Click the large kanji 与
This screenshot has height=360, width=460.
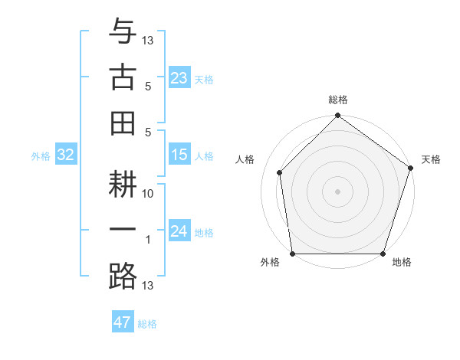tap(123, 34)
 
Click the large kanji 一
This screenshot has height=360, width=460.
tap(123, 230)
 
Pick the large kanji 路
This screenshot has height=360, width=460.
tap(123, 276)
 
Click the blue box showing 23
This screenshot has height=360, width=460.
tap(179, 77)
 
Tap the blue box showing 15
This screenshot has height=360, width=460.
tap(179, 155)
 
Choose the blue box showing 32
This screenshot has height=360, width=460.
tap(66, 155)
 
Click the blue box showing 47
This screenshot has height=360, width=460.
tap(123, 322)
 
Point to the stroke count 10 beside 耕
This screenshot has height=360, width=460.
tap(149, 194)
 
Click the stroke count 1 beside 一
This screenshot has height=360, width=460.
tap(149, 241)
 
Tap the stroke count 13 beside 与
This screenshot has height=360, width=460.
tap(149, 40)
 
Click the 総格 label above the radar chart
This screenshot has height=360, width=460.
tap(338, 100)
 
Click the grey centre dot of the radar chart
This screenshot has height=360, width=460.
tap(338, 191)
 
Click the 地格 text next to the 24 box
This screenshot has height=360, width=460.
tap(204, 232)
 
